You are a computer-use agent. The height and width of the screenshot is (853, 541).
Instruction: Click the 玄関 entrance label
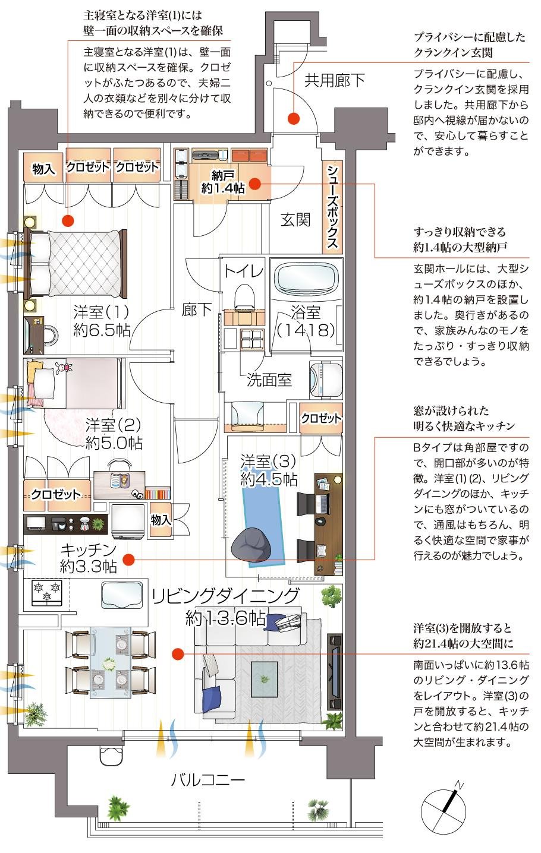(x=295, y=220)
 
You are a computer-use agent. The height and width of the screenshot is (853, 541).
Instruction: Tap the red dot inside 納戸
(x=254, y=184)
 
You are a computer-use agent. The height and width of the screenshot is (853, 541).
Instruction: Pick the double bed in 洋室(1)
(x=76, y=263)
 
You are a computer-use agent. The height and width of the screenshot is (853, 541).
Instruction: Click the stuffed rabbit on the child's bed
(x=61, y=369)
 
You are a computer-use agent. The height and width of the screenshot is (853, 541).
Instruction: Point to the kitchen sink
(x=122, y=595)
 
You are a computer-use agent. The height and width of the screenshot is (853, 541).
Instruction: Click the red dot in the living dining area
(x=177, y=654)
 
